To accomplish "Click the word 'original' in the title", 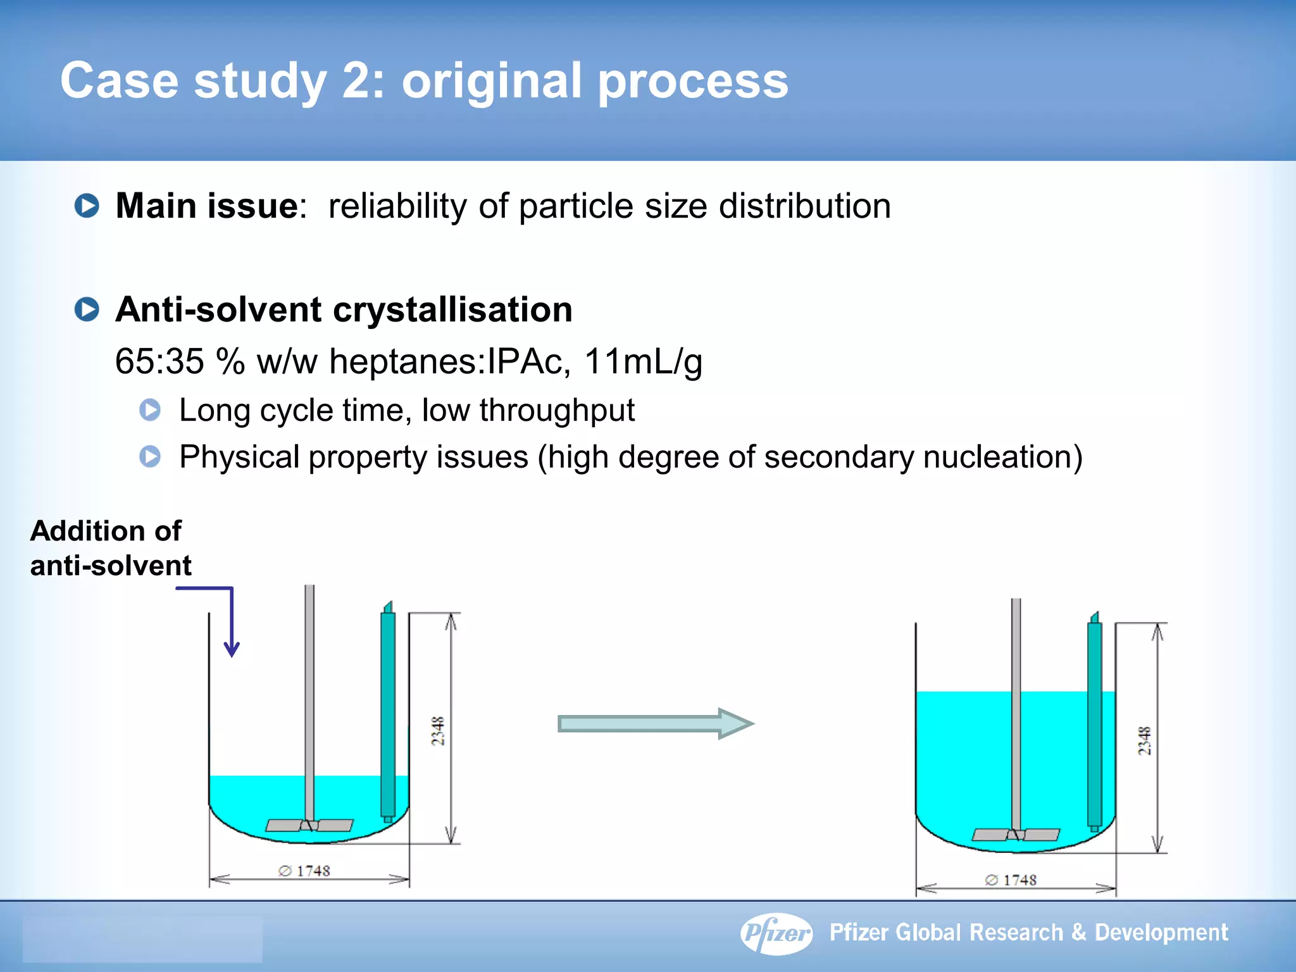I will (x=491, y=81).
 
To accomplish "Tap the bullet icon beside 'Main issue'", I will (x=87, y=206).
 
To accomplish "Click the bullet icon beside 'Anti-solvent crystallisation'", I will (x=87, y=309).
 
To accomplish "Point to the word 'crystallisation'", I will (x=452, y=309).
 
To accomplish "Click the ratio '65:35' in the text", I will (x=159, y=361).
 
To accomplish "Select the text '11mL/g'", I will (x=642, y=361).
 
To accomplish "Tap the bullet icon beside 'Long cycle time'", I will (x=150, y=410).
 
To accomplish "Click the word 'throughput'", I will (x=556, y=410).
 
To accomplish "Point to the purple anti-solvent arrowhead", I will (x=232, y=650).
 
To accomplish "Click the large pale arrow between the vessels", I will (x=655, y=723).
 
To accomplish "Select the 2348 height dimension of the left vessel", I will (x=438, y=731).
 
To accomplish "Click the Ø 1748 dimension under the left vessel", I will (x=305, y=871).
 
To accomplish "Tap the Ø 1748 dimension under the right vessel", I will (x=1011, y=880).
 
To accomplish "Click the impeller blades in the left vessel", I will (x=309, y=825).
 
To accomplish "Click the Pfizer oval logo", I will (x=776, y=933).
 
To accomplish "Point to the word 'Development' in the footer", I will (x=1161, y=933).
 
